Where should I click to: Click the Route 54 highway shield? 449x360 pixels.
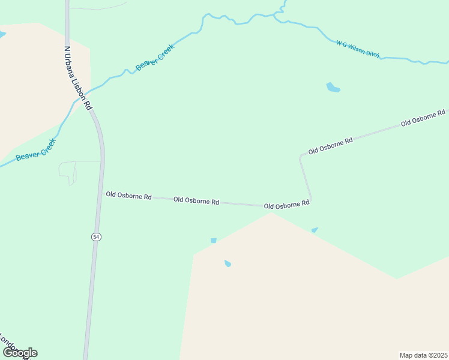(x=96, y=237)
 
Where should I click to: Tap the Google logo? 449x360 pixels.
(x=20, y=352)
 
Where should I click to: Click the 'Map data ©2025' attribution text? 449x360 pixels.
(x=423, y=355)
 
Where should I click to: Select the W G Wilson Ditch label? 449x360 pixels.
(x=358, y=49)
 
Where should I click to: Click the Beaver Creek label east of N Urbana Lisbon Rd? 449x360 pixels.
(x=155, y=57)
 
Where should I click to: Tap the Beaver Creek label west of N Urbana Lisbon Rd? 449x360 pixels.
(x=35, y=149)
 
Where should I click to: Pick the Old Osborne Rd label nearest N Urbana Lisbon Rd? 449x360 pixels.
(x=128, y=195)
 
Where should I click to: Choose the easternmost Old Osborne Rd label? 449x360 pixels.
(x=423, y=118)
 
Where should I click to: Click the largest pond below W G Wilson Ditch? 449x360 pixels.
(x=333, y=88)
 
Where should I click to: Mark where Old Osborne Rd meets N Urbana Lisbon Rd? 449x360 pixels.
(x=102, y=194)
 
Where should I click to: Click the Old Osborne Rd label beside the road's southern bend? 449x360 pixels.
(x=287, y=205)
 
